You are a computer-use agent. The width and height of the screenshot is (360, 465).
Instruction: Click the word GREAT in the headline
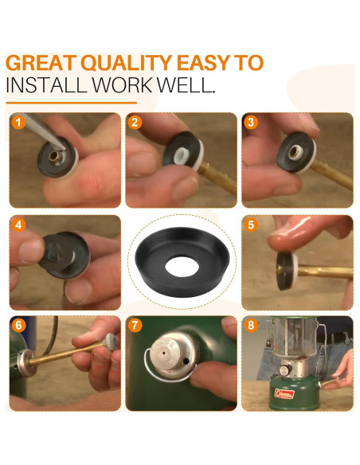coord(41,63)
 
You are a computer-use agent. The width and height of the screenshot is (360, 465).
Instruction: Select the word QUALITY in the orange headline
coord(127,63)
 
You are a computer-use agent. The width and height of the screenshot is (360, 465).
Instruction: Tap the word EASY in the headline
coord(203,63)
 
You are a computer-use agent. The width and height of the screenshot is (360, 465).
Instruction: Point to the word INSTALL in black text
coord(46,84)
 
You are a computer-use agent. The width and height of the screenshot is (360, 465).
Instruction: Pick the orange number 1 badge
coord(18,123)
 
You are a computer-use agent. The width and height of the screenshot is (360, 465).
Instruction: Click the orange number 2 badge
coord(135,123)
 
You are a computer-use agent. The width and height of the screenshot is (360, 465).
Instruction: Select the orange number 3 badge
coord(251,123)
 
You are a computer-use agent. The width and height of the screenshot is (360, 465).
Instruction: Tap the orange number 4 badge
coord(18,225)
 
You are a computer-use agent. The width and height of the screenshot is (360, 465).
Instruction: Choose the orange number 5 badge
coord(251,225)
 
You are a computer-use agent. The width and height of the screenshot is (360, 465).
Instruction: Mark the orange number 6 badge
coord(18,326)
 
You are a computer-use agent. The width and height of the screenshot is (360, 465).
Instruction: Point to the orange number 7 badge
coord(135,326)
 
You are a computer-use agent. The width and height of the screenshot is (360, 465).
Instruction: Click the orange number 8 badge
coord(251,326)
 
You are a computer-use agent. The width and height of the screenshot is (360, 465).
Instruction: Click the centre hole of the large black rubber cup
coord(182,265)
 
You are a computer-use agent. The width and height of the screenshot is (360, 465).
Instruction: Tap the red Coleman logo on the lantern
coord(284,393)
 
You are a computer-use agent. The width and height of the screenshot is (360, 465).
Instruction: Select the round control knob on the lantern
coord(285,369)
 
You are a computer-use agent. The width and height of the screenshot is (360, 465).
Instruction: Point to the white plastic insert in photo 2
coord(182,156)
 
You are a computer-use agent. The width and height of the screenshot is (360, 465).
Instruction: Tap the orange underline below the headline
coord(72,103)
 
